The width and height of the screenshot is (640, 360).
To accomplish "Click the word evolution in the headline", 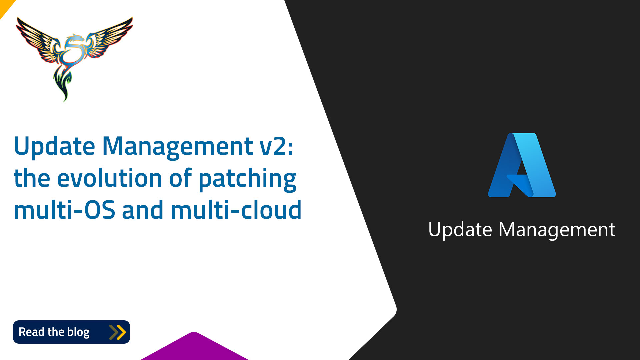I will [110, 178].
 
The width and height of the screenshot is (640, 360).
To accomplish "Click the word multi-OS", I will [64, 210].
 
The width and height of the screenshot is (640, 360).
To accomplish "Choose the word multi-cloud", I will [236, 210].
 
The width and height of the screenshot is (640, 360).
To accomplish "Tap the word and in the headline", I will [143, 210].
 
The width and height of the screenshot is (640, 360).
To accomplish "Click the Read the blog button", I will [71, 332].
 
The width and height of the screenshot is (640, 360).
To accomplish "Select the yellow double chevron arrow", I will [117, 332].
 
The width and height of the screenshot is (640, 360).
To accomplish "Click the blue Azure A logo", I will [522, 165].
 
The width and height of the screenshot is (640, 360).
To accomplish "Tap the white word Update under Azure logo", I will [460, 230].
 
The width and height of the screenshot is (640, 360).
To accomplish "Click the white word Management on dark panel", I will [557, 230].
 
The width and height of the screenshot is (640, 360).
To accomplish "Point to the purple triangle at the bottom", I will [194, 348].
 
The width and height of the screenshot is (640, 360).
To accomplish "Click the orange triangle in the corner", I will [5, 6].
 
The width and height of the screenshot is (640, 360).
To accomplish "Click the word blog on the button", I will [78, 332].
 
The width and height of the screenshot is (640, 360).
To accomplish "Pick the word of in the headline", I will [180, 178].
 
